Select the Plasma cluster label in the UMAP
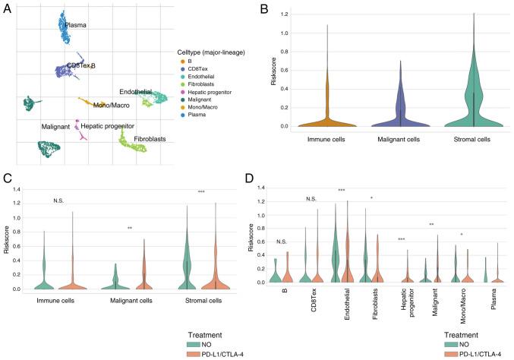coord(76,25)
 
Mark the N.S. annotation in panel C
coord(60,201)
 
